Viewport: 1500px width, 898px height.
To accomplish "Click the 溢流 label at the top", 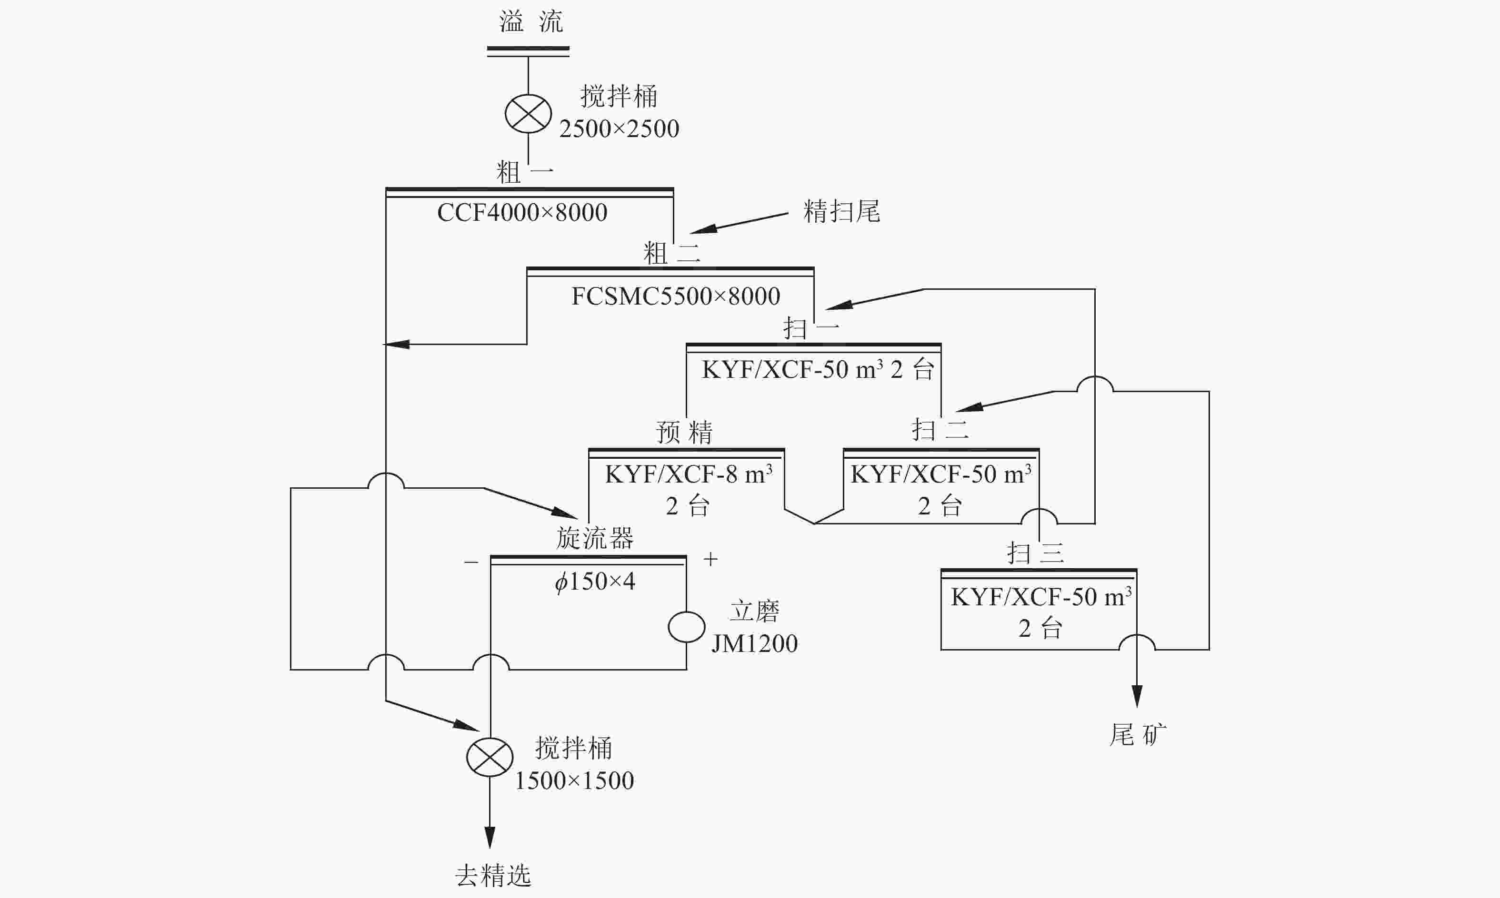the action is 531,22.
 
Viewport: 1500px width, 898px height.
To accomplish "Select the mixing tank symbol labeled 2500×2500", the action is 529,114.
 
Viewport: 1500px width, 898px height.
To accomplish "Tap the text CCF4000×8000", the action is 522,212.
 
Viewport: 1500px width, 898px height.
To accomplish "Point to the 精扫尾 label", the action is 841,211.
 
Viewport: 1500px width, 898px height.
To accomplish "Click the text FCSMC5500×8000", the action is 676,296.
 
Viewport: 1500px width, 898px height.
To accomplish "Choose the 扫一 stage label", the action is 811,328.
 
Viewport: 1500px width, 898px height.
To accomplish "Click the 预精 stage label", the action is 685,432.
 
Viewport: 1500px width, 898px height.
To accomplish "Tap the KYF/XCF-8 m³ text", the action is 688,474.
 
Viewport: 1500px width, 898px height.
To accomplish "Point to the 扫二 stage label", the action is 940,430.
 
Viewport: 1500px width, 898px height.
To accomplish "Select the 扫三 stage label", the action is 1035,553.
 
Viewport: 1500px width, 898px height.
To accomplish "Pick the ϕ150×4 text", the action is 595,582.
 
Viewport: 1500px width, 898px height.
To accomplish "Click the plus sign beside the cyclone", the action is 710,559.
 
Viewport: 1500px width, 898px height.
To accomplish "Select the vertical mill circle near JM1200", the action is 687,627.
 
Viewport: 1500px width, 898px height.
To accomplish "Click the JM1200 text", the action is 754,643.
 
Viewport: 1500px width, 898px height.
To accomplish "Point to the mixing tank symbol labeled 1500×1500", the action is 490,757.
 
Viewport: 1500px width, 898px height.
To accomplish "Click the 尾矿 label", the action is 1138,735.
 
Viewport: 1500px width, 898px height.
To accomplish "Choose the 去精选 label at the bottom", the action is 493,875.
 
